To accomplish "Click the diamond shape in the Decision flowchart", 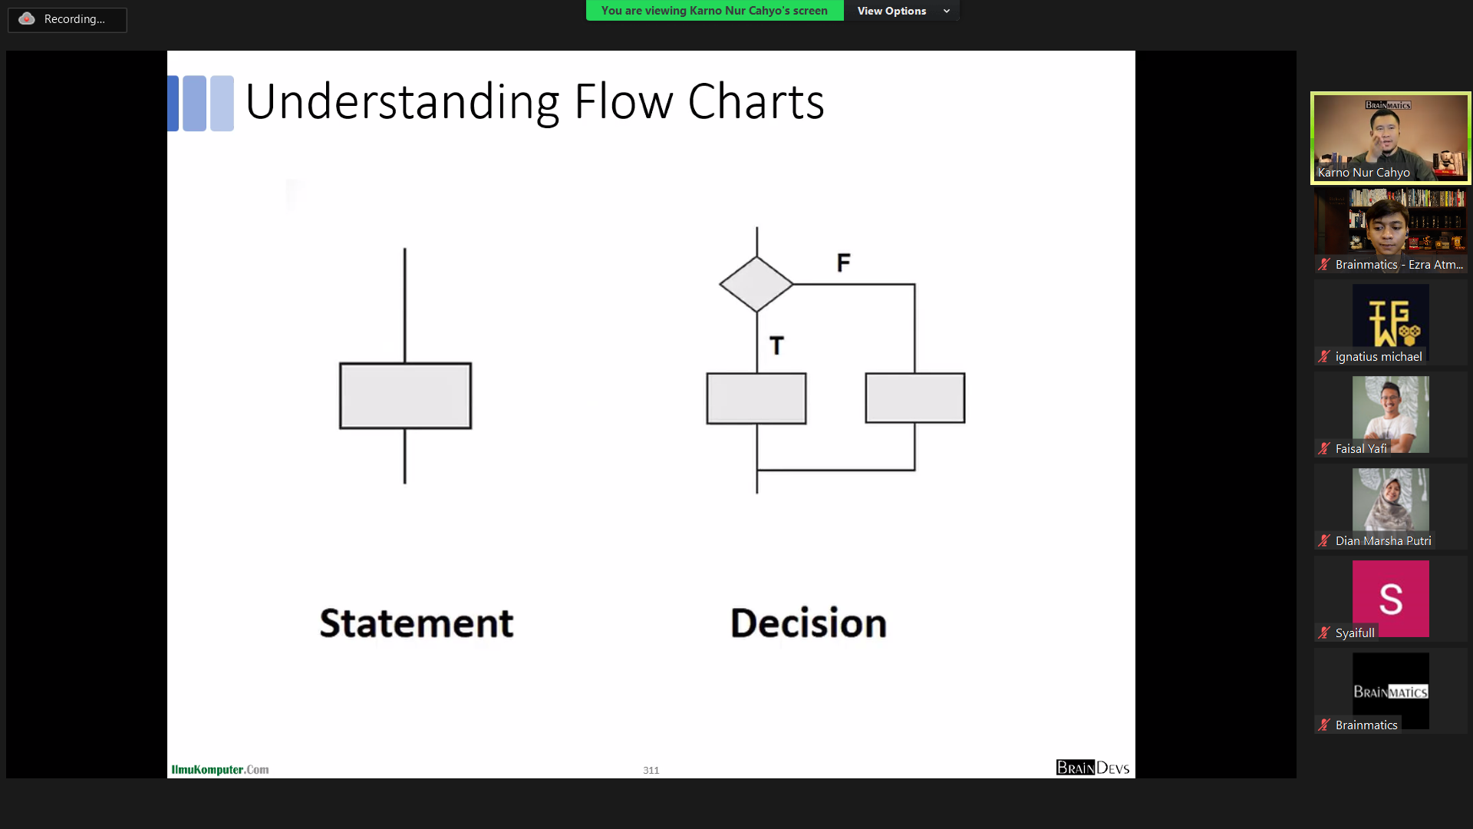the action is (756, 284).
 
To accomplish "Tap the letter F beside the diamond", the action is (844, 263).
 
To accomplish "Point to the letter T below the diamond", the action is (777, 346).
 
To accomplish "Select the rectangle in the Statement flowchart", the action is (405, 395).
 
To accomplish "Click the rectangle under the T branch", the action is (756, 398).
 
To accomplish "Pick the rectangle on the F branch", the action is (915, 398).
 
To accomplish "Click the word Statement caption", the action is (417, 623).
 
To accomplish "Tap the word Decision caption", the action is (809, 623).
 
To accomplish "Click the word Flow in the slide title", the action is (624, 101).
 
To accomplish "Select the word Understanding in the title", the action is (403, 103).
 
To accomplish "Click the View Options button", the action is (901, 11).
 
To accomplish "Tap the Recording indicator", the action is (68, 19).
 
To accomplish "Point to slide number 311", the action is (651, 770).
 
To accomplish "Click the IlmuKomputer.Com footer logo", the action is (220, 769).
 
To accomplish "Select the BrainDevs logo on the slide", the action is (1092, 768).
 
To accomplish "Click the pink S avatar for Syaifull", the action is (1390, 599).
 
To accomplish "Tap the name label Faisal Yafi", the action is (1361, 449).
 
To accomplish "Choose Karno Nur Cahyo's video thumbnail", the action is (1390, 138).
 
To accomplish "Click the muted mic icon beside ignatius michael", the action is (1324, 356).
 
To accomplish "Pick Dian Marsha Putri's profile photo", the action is (1390, 500).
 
